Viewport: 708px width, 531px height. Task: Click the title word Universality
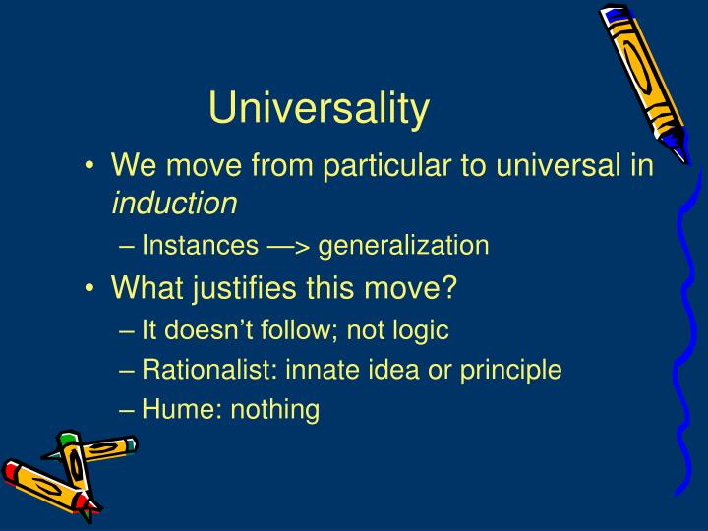point(319,109)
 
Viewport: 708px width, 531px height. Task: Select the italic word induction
point(174,203)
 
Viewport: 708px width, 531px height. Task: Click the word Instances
point(186,245)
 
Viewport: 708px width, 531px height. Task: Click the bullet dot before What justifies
point(90,289)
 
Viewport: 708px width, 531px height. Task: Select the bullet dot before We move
point(90,167)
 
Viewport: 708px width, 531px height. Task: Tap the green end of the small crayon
point(67,439)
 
